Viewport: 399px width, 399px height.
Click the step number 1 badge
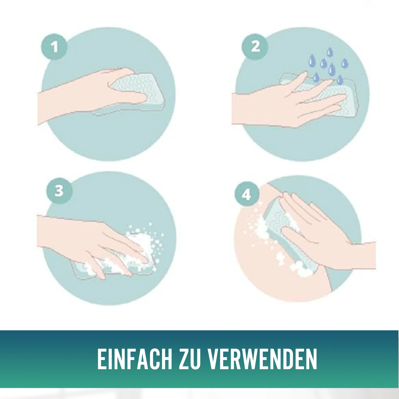coord(54,47)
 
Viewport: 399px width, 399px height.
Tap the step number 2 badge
coord(255,47)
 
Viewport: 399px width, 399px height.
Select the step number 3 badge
coord(59,191)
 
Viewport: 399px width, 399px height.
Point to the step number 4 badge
coord(247,194)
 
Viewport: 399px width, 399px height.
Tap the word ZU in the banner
coord(189,359)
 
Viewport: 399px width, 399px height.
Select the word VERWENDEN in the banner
coord(263,359)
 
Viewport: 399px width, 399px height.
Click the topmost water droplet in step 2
coord(330,52)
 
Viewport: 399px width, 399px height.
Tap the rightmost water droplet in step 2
coord(344,63)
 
